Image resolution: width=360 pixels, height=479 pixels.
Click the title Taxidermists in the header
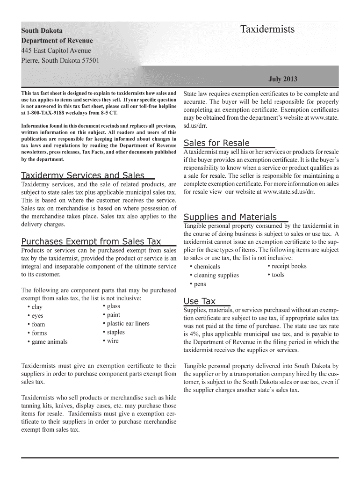click(267, 29)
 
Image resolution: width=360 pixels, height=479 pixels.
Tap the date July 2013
click(282, 79)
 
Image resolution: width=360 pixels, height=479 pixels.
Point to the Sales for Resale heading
click(216, 143)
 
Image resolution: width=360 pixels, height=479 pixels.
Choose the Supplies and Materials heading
click(230, 217)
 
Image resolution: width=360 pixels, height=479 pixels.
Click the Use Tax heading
click(200, 301)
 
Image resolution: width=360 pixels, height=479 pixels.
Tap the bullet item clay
click(36, 307)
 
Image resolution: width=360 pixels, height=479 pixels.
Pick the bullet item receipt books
click(289, 266)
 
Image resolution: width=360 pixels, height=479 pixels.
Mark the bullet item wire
click(113, 341)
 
